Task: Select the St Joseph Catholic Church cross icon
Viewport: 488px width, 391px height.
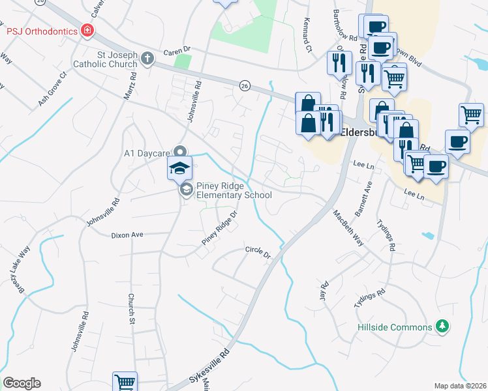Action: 147,59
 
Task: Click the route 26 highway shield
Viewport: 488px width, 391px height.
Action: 245,85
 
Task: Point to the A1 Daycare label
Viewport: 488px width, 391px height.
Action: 147,154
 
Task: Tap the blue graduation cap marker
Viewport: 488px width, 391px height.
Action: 180,169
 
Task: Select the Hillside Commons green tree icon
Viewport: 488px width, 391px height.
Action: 442,326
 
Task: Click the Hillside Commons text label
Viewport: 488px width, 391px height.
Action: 395,327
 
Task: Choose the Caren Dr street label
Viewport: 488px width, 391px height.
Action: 175,50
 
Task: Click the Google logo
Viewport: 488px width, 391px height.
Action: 22,383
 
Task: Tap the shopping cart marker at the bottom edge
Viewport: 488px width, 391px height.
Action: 124,382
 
